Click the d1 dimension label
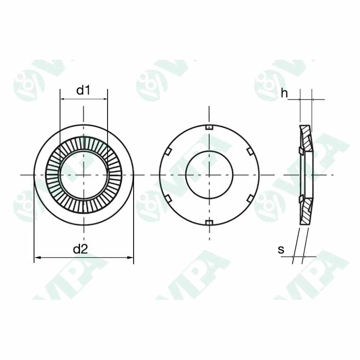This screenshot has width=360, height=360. pyautogui.click(x=83, y=90)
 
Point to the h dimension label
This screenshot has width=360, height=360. pyautogui.click(x=284, y=93)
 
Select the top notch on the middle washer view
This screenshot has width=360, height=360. pyautogui.click(x=209, y=127)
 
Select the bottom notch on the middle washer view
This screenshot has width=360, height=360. pyautogui.click(x=209, y=223)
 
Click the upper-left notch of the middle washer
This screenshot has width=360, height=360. pyautogui.click(x=168, y=152)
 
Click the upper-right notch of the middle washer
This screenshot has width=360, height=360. pyautogui.click(x=250, y=152)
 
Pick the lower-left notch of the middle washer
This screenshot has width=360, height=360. pyautogui.click(x=168, y=198)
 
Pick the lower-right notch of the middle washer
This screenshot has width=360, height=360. pyautogui.click(x=250, y=198)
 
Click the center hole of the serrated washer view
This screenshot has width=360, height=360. pyautogui.click(x=84, y=175)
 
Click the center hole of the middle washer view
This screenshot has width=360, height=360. pyautogui.click(x=209, y=175)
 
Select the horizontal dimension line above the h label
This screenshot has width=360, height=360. pyautogui.click(x=306, y=99)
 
